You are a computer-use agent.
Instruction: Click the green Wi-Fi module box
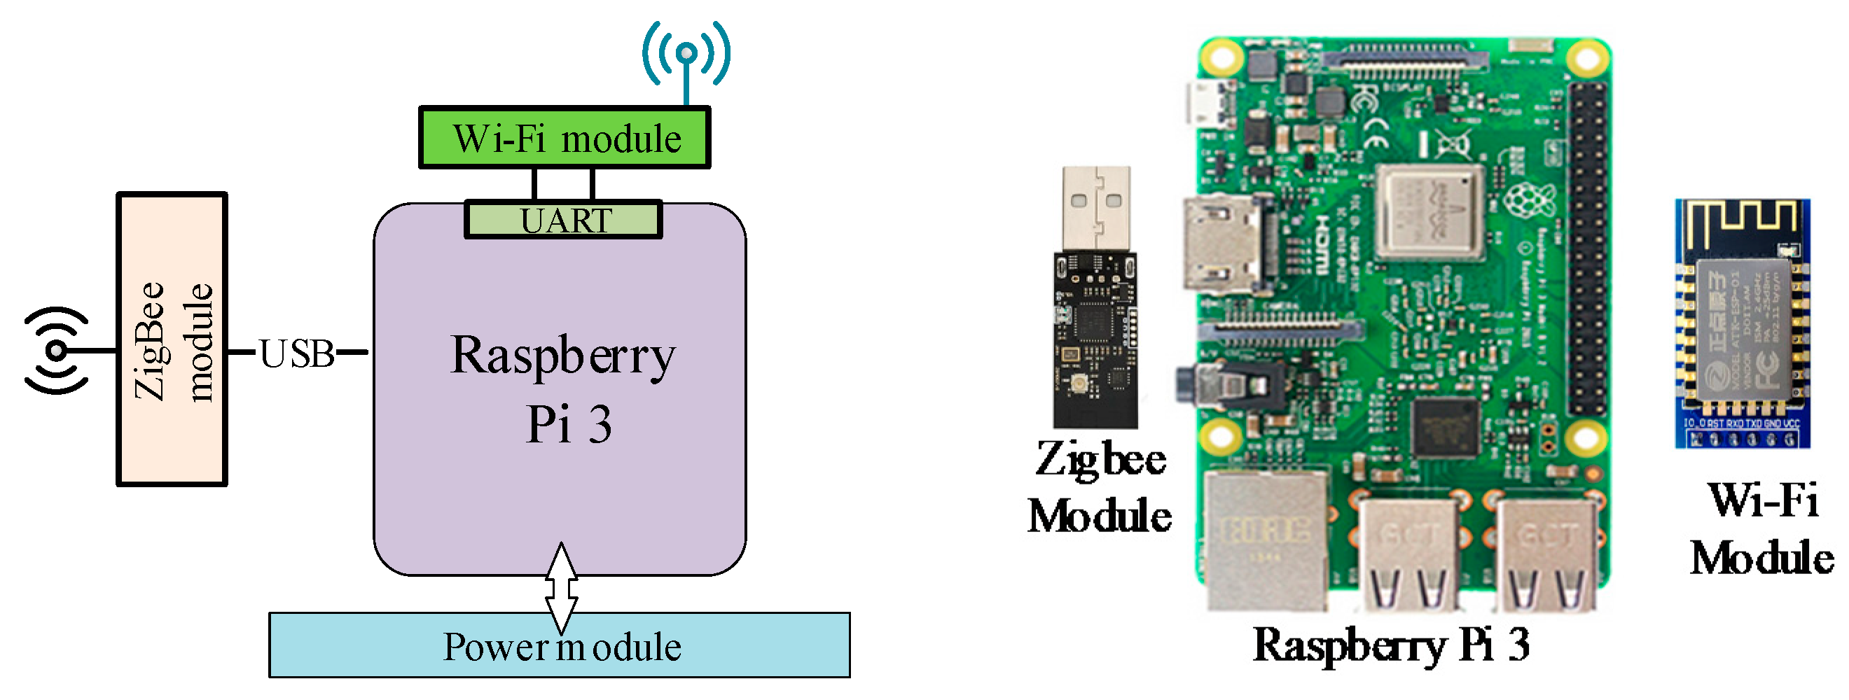pyautogui.click(x=565, y=138)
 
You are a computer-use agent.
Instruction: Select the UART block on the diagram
pyautogui.click(x=564, y=220)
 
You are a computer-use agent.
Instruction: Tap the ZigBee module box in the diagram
pyautogui.click(x=172, y=339)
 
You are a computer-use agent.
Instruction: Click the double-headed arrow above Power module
pyautogui.click(x=561, y=587)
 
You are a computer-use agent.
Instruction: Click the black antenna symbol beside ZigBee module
pyautogui.click(x=55, y=351)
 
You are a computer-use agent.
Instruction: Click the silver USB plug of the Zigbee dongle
pyautogui.click(x=1096, y=208)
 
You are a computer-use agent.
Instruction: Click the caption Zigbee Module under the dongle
pyautogui.click(x=1099, y=488)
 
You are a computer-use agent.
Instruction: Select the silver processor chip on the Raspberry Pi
pyautogui.click(x=1432, y=211)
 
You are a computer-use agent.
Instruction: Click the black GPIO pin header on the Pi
pyautogui.click(x=1587, y=247)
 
